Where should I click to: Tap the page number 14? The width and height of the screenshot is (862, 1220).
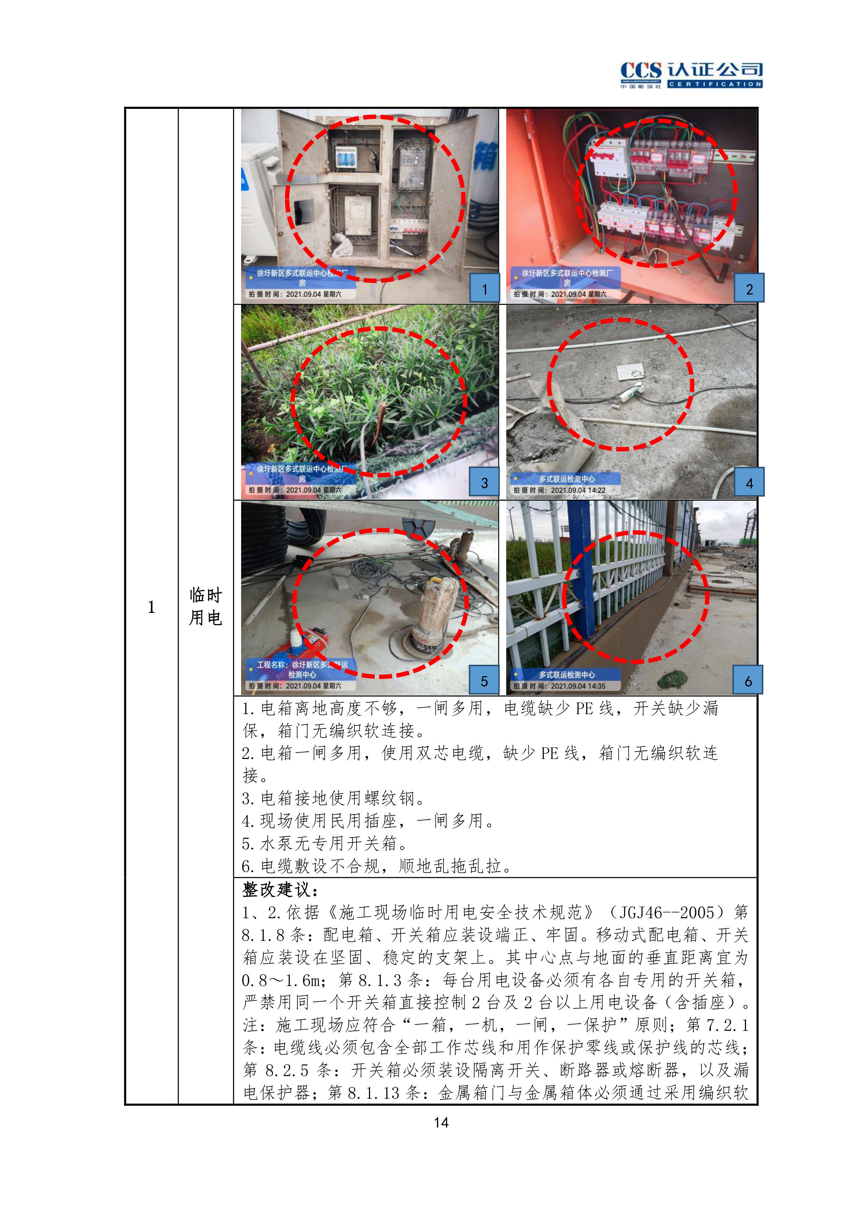pyautogui.click(x=441, y=1122)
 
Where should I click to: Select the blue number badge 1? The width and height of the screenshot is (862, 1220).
pyautogui.click(x=484, y=289)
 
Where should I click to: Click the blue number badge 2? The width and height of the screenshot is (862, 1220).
pyautogui.click(x=749, y=289)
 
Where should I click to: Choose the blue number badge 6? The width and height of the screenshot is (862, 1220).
pyautogui.click(x=748, y=680)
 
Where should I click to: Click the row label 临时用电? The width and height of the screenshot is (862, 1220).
pyautogui.click(x=206, y=606)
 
